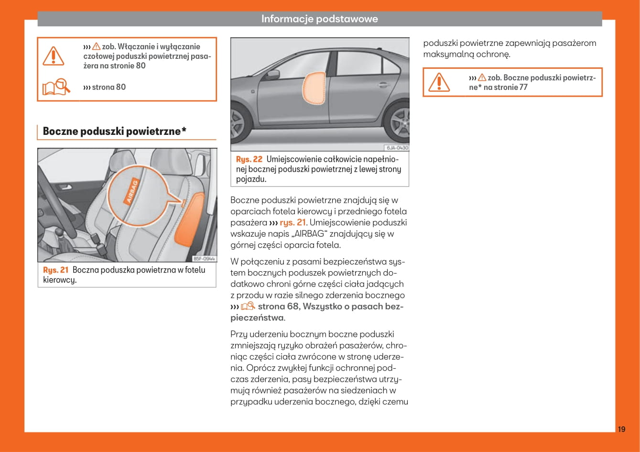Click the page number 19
tap(621, 429)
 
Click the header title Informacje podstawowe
tap(319, 19)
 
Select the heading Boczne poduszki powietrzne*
tap(114, 132)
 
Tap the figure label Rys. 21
tap(56, 270)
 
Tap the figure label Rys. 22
tap(249, 159)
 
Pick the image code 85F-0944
tap(204, 258)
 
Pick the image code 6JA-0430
tap(397, 148)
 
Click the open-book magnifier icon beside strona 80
tap(56, 87)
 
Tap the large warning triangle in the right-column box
tap(438, 82)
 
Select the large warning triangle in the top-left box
tap(53, 56)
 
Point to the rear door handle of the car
tap(383, 85)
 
